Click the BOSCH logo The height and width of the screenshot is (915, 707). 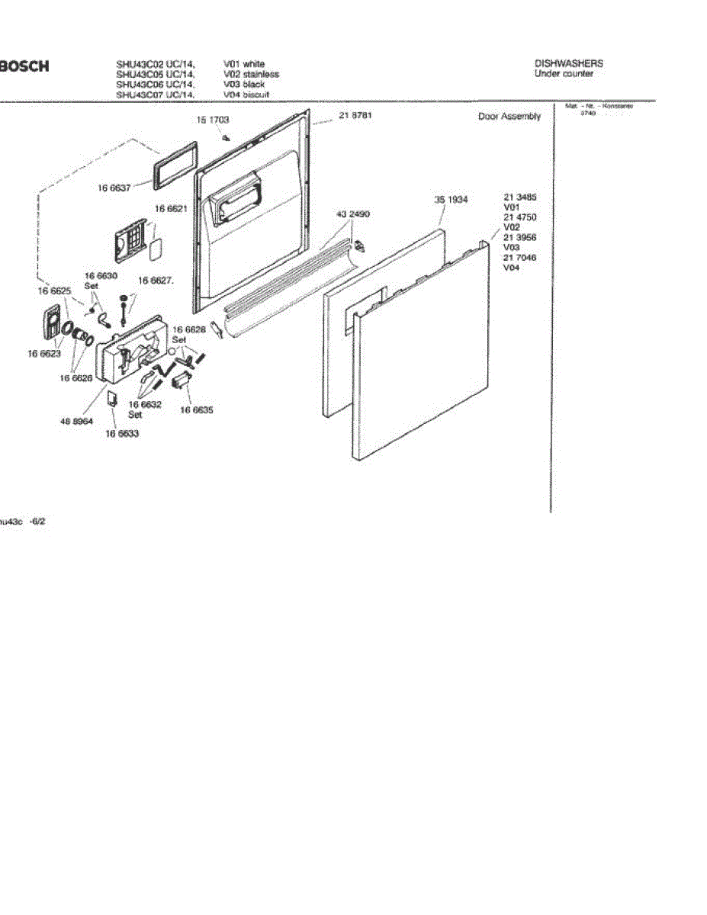pos(24,66)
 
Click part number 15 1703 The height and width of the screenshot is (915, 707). pos(213,120)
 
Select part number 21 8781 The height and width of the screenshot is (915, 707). pos(355,116)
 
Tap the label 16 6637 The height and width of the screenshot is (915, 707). pos(114,188)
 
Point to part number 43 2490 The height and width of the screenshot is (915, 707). pos(353,215)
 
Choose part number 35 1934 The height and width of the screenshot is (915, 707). pos(452,200)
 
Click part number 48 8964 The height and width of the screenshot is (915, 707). pos(76,420)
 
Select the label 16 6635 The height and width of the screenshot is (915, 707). pos(197,409)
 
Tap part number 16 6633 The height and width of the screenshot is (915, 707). pos(122,433)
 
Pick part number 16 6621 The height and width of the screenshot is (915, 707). pos(172,208)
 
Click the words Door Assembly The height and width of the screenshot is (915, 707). pos(509,117)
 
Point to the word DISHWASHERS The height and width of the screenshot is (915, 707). pos(569,64)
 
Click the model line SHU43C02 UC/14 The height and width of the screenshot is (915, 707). pos(156,65)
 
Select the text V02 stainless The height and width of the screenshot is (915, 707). pos(251,75)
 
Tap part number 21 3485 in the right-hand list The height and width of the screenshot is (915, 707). pos(520,197)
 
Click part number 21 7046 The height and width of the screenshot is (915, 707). pos(520,258)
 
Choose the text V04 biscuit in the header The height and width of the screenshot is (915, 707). pos(246,95)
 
